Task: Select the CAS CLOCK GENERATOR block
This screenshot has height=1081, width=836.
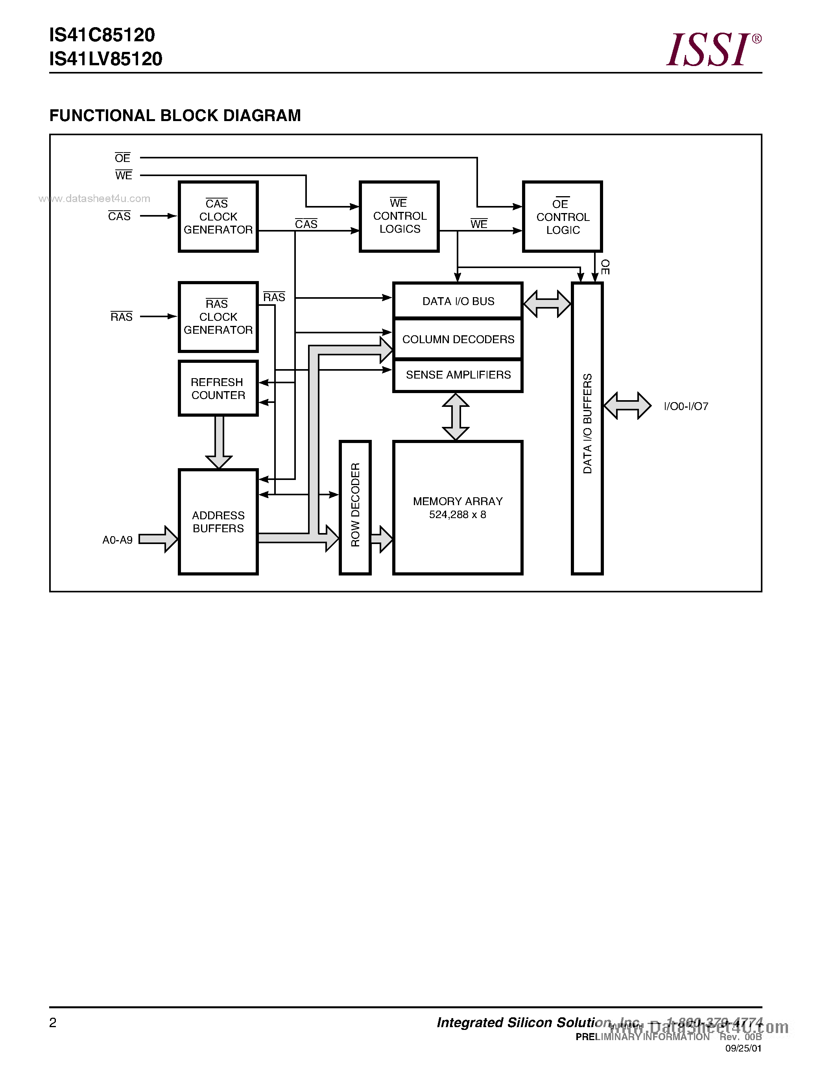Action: point(218,217)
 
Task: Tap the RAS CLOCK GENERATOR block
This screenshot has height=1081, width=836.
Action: point(218,317)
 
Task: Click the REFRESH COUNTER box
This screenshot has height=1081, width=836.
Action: point(218,388)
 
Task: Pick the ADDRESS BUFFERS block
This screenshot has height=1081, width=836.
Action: point(218,522)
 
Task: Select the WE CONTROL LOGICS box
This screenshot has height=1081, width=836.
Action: point(399,216)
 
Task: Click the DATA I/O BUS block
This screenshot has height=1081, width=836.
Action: point(458,301)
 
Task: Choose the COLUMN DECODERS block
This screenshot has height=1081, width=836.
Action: point(458,339)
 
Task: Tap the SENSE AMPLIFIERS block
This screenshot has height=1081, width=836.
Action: point(458,375)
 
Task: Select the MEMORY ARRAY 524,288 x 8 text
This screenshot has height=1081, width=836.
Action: point(458,508)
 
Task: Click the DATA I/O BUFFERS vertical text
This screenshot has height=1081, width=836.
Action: point(587,424)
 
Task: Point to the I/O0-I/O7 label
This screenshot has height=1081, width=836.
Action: point(686,406)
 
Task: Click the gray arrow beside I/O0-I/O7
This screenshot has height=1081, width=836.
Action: point(627,406)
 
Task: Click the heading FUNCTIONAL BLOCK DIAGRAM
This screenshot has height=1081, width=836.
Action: point(175,115)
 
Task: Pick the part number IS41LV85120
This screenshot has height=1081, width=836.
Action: point(105,59)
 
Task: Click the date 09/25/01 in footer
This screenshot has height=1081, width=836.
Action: point(743,1048)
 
